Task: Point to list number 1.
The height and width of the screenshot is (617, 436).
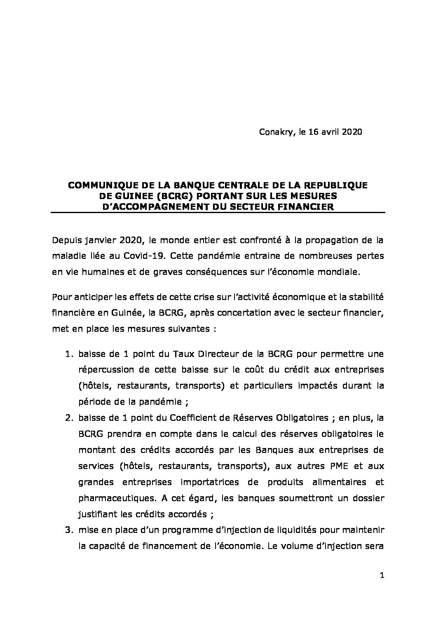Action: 70,354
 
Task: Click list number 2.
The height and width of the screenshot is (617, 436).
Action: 70,418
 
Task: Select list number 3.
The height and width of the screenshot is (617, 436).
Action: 70,530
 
